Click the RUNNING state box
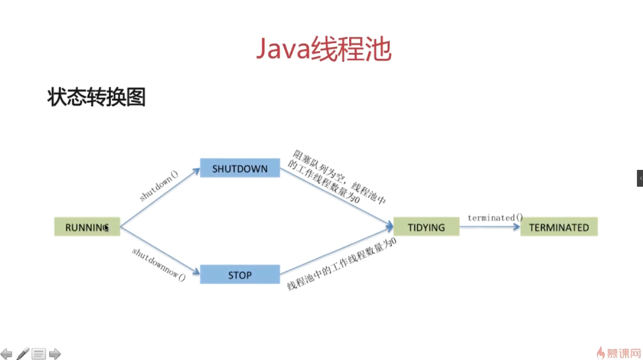click(87, 227)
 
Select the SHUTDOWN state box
click(240, 168)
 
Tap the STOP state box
click(240, 275)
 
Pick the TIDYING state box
click(426, 227)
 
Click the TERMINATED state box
click(559, 227)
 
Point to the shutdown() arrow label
click(159, 186)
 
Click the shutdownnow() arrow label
click(159, 265)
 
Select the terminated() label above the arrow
click(495, 218)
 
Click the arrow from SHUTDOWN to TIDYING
click(337, 197)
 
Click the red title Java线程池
click(324, 49)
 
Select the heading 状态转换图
click(96, 97)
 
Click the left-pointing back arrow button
click(6, 354)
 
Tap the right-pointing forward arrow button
click(55, 354)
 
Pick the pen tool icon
click(23, 354)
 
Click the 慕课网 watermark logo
click(619, 353)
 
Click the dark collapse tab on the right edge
click(640, 178)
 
